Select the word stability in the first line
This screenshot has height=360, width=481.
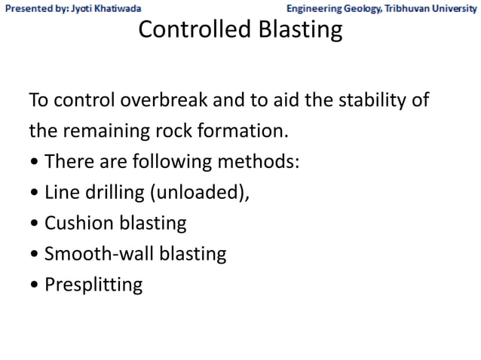coord(372,100)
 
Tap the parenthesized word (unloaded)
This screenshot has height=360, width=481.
coord(200,193)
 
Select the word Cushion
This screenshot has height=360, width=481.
coord(75,224)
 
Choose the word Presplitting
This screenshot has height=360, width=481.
coord(93,285)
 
